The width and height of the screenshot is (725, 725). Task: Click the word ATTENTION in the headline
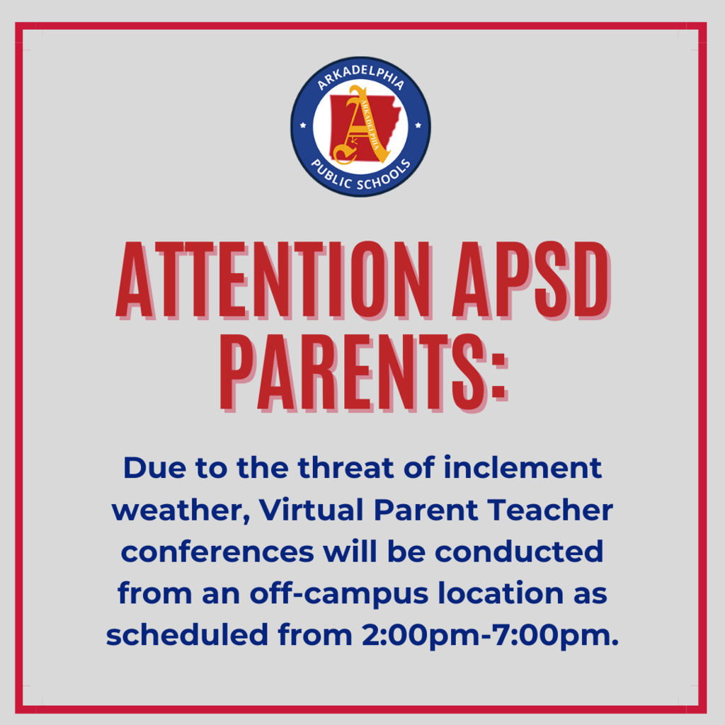(x=273, y=280)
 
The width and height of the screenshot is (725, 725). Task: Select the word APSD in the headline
(x=532, y=280)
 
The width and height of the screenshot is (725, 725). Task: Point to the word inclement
(x=523, y=467)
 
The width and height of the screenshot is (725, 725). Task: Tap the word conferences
(x=217, y=552)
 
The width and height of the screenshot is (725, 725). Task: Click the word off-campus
(x=339, y=595)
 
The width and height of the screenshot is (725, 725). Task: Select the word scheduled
(x=187, y=634)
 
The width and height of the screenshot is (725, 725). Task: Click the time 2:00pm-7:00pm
(x=490, y=636)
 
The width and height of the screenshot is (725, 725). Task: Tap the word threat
(x=346, y=467)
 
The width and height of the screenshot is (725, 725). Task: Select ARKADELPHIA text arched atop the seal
(x=360, y=77)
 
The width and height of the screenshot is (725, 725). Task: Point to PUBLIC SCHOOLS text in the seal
(x=360, y=176)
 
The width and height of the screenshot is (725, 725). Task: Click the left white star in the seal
(x=303, y=125)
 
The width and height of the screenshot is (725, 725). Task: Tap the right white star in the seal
(x=418, y=125)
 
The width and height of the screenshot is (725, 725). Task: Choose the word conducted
(x=519, y=552)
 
